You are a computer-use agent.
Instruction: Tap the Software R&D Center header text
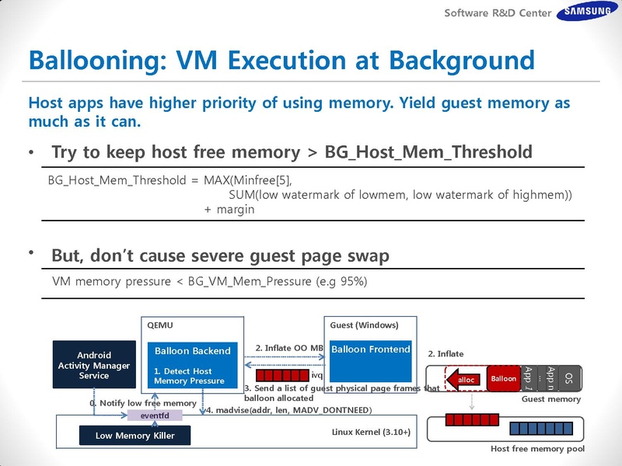498,12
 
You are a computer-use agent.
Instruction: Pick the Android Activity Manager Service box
94,364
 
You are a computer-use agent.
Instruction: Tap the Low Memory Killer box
135,436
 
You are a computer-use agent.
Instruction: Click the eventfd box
155,416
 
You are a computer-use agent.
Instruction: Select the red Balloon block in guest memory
503,378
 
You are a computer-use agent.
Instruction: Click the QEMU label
160,325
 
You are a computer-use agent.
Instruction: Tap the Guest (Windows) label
364,325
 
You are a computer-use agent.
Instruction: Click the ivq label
316,376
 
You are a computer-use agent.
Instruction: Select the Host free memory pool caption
538,449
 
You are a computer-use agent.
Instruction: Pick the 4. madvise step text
288,409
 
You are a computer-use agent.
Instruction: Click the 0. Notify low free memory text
142,403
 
